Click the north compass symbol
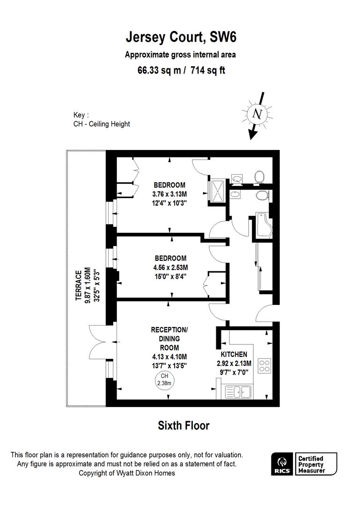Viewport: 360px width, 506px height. [x=256, y=114]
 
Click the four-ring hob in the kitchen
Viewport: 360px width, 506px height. [x=264, y=365]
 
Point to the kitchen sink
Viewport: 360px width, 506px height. [x=237, y=391]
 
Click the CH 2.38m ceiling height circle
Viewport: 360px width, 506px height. [x=164, y=379]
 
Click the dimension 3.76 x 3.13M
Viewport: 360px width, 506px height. [x=169, y=194]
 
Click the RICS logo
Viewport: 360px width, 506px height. [x=282, y=463]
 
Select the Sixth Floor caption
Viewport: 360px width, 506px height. [x=184, y=425]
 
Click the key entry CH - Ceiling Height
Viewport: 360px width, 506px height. [x=102, y=124]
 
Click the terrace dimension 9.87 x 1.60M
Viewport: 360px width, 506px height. [x=88, y=285]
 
